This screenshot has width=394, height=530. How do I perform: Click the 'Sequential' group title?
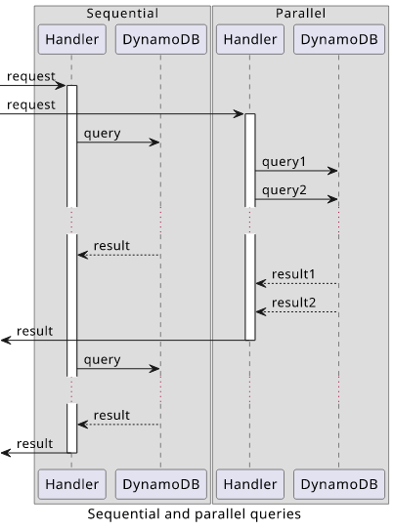click(122, 14)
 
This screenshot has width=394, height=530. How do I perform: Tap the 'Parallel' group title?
click(300, 14)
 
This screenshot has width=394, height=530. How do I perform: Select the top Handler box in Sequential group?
click(72, 39)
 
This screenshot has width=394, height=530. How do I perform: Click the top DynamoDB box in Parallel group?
click(339, 39)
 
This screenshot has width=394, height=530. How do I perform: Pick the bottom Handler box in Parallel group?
click(250, 484)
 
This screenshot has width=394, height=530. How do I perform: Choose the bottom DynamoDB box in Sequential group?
click(161, 484)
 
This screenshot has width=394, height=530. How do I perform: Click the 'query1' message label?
click(284, 162)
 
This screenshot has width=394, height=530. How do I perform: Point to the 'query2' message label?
click(284, 190)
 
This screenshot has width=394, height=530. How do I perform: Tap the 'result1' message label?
click(293, 274)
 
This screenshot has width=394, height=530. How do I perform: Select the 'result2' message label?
click(294, 303)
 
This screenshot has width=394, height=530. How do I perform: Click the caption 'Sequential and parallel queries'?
click(195, 514)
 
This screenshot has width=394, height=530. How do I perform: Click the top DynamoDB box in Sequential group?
click(161, 39)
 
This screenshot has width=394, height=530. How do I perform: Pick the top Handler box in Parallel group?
click(250, 39)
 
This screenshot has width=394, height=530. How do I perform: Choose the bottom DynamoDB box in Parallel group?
click(339, 484)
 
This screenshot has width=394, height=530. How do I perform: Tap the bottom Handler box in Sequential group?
click(72, 484)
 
